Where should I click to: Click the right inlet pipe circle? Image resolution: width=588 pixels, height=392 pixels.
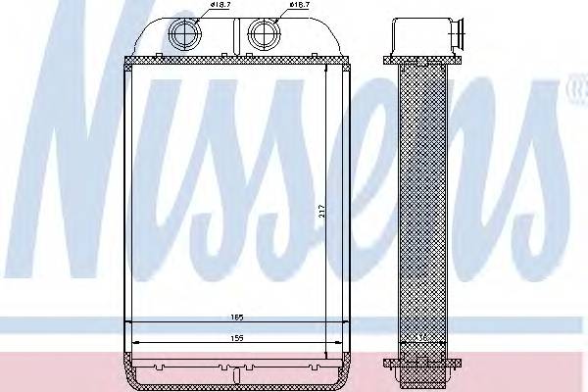[x=262, y=34]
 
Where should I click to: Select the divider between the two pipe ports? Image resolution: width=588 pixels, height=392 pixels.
[x=223, y=39]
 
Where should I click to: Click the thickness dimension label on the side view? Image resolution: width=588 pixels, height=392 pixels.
[x=421, y=337]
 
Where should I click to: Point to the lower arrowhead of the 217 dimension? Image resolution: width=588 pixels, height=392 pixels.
[x=326, y=351]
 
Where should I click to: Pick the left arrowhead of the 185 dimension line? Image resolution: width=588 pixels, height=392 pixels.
[x=133, y=324]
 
